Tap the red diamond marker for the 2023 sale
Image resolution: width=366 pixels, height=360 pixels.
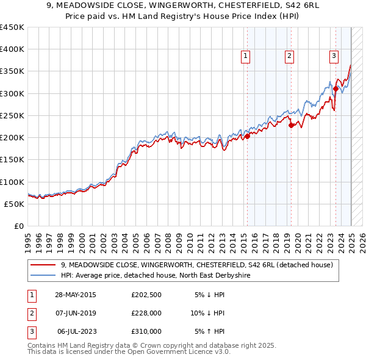click(335, 89)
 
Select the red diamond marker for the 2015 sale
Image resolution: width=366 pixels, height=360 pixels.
click(247, 137)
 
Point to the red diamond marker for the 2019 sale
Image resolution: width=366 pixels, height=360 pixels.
click(291, 125)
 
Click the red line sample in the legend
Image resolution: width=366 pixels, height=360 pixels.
click(44, 265)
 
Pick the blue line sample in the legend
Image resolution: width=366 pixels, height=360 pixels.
click(44, 276)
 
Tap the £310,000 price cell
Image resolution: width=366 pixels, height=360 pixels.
click(146, 331)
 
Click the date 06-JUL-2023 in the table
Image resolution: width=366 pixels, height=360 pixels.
click(77, 331)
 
